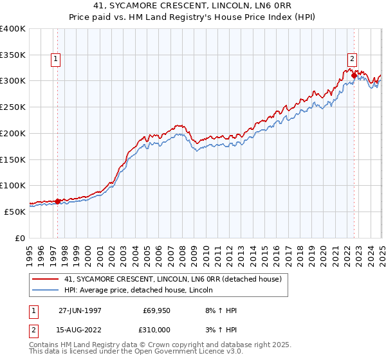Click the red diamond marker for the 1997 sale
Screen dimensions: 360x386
57,201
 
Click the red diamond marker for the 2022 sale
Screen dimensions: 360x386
354,75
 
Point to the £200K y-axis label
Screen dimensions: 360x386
12,133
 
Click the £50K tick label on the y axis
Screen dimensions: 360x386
15,212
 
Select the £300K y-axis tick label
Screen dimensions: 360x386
12,81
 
